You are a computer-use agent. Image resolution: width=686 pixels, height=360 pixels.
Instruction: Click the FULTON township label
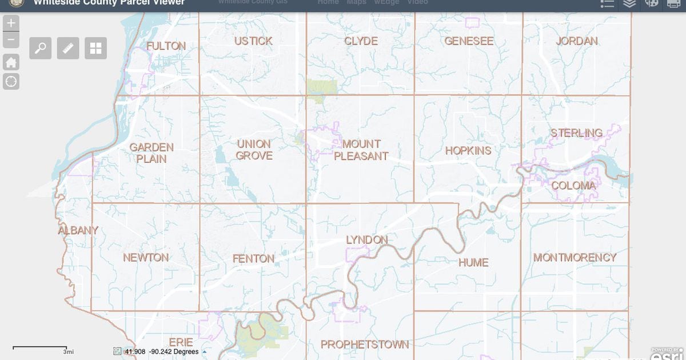[166, 46]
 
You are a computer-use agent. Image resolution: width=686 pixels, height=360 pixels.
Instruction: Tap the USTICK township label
[253, 41]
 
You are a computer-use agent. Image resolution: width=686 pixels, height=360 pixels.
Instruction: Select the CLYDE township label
[361, 41]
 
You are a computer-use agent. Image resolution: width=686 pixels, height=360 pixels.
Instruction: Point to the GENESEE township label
[469, 41]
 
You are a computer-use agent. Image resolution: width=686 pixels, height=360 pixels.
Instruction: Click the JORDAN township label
[576, 41]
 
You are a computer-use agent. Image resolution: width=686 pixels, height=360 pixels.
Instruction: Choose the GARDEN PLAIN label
[151, 153]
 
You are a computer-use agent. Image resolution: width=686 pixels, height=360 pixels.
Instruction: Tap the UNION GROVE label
[254, 150]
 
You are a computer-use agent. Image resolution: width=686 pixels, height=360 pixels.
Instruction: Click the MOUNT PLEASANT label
[361, 150]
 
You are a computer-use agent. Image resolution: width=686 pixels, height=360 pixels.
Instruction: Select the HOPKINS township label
[468, 151]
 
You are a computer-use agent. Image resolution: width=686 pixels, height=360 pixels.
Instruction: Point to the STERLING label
[576, 133]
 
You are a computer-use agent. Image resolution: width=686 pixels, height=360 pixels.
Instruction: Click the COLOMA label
[573, 186]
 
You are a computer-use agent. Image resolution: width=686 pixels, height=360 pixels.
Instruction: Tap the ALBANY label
[78, 230]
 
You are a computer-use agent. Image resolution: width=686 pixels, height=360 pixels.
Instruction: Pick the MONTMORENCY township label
[575, 258]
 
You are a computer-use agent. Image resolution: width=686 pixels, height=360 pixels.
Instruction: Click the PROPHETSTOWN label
[365, 345]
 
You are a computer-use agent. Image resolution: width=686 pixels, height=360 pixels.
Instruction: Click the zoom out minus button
[11, 40]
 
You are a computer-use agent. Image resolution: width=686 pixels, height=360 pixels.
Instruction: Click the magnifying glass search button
[41, 48]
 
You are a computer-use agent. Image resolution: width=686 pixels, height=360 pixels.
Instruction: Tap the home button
[11, 62]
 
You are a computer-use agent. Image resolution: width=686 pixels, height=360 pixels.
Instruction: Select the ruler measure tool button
[68, 48]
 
